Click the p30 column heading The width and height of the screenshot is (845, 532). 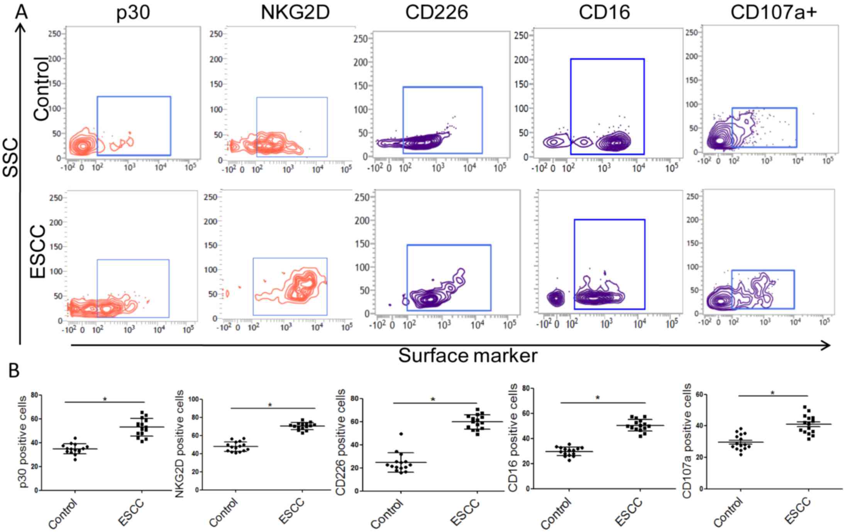(133, 12)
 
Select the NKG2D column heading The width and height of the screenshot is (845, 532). (295, 12)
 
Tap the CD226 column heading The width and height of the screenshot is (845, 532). (436, 12)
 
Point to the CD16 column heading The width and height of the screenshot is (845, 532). (604, 12)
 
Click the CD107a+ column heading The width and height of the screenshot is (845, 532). (774, 12)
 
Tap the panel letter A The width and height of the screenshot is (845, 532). (21, 12)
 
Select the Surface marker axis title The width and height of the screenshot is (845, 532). (467, 356)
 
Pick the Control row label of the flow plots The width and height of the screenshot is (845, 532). (42, 89)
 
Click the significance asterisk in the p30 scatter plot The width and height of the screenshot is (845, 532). (105, 399)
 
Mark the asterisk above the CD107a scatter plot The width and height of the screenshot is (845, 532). (772, 393)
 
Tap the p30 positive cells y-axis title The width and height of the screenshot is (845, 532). (24, 442)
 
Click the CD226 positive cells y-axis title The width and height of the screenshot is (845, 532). (340, 442)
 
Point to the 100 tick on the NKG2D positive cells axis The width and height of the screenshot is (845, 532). (193, 399)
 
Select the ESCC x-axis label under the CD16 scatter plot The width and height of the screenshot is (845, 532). (628, 512)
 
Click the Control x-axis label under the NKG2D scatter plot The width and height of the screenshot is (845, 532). (224, 513)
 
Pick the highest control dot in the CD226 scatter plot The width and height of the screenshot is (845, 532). (401, 434)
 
